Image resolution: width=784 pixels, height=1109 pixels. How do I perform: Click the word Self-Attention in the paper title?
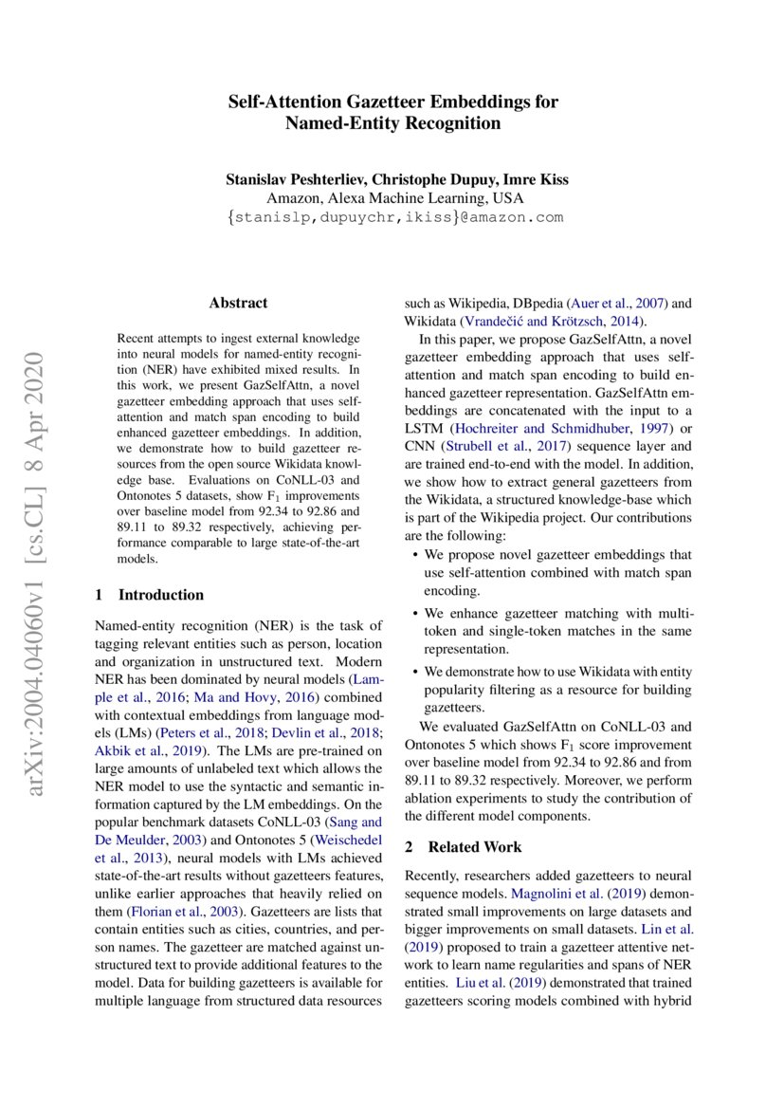(283, 102)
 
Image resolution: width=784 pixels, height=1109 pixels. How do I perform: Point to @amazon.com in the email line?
(509, 217)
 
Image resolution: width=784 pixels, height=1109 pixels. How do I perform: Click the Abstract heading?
(238, 303)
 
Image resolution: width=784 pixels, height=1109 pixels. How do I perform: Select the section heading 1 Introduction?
(150, 595)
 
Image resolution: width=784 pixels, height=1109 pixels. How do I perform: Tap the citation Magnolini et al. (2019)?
(563, 892)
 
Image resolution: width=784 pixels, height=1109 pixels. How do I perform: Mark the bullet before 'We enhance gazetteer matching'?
(415, 614)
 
